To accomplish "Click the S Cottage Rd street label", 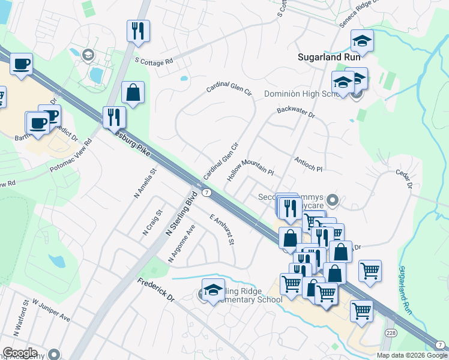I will point(154,61).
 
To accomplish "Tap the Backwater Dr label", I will point(296,112).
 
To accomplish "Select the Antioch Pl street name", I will point(309,164).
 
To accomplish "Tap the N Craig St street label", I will point(153,222).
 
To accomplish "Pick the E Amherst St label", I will point(221,230).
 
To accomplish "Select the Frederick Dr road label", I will point(155,289).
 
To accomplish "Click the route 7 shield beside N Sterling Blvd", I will point(206,193).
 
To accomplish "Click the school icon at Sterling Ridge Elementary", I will point(213,289).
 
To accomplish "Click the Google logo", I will point(20,353).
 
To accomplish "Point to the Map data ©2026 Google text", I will point(412,355).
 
